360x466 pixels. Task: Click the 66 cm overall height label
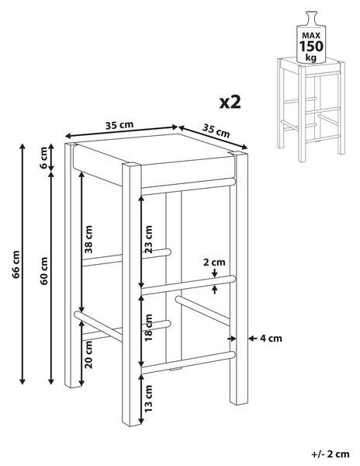[x=16, y=265]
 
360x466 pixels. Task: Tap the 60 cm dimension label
[x=44, y=271]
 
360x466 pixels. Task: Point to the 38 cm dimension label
[x=88, y=239]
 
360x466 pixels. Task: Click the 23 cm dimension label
[x=148, y=239]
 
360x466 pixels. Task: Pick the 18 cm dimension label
[x=148, y=327]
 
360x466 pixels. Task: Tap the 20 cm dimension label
[x=88, y=355]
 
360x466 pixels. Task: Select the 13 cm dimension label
[x=148, y=398]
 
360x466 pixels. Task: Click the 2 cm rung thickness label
[x=214, y=263]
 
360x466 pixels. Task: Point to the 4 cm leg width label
[x=271, y=338]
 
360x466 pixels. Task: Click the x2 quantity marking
[x=230, y=103]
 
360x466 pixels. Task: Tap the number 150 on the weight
[x=311, y=47]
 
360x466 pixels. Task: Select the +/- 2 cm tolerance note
[x=331, y=454]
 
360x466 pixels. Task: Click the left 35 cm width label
[x=119, y=125]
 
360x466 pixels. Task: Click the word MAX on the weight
[x=311, y=36]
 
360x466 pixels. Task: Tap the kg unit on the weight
[x=311, y=57]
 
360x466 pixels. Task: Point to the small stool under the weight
[x=311, y=110]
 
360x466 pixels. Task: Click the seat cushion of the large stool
[x=154, y=162]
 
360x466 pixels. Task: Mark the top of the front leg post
[x=131, y=165]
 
